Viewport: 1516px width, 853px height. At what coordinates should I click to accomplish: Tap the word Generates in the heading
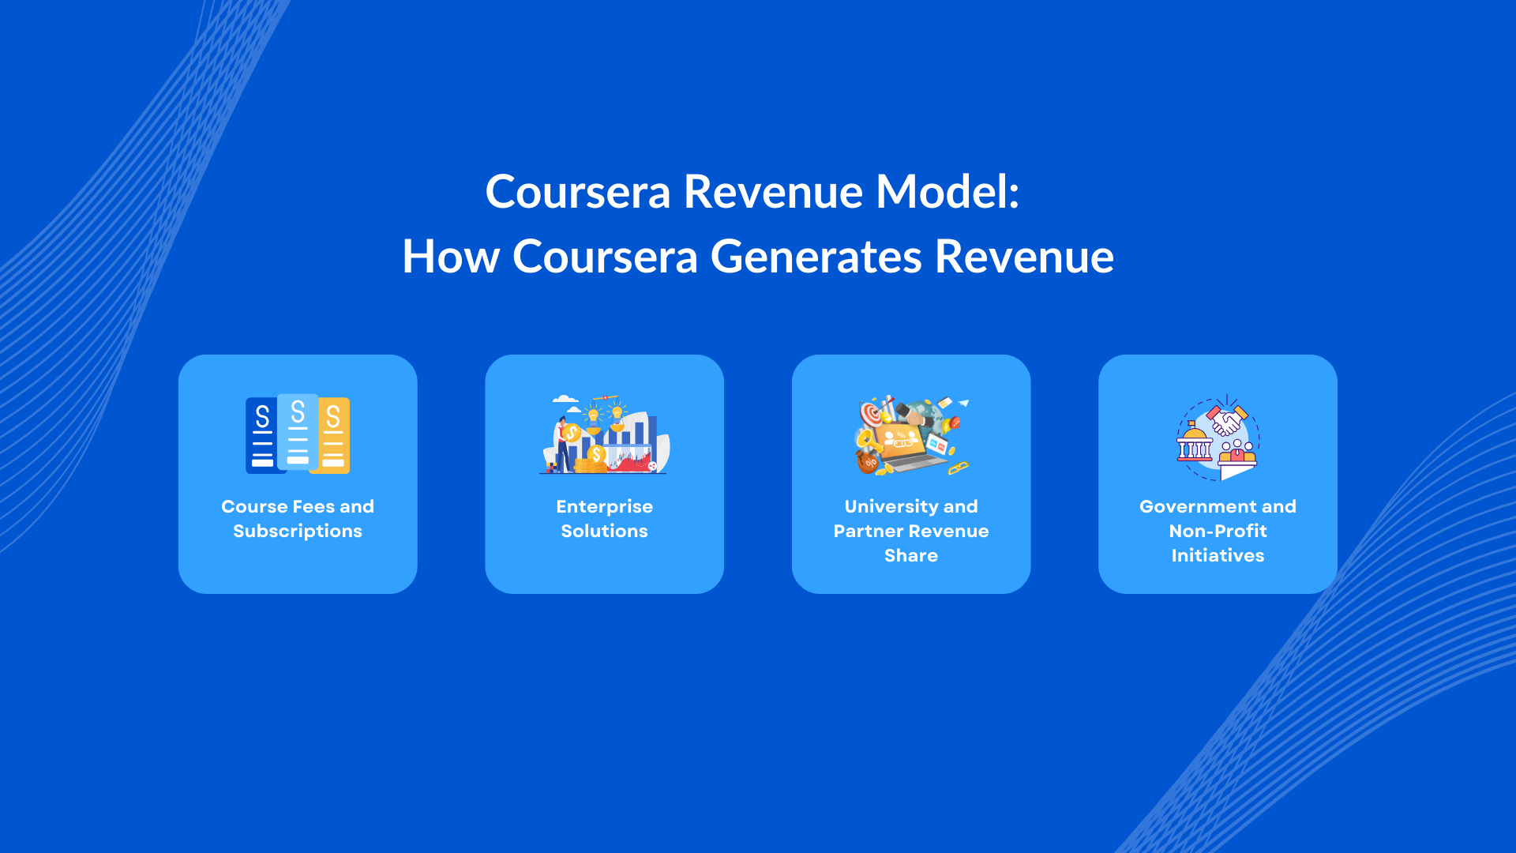(816, 257)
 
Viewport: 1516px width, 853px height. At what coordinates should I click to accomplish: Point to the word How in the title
(450, 257)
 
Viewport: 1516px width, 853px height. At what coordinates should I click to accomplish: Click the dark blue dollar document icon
(261, 436)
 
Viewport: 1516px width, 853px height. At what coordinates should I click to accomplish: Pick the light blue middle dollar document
(298, 432)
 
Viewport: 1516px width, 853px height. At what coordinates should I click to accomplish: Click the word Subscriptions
(298, 532)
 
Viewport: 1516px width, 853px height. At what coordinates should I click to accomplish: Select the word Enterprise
(604, 507)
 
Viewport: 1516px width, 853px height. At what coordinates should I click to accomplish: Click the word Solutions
(604, 532)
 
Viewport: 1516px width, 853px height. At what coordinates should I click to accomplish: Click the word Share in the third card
(910, 556)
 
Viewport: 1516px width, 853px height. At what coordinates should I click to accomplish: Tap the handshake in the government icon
(1226, 420)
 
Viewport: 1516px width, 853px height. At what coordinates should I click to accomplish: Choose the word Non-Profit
(1218, 532)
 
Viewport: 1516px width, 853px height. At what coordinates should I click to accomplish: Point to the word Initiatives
(1218, 556)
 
